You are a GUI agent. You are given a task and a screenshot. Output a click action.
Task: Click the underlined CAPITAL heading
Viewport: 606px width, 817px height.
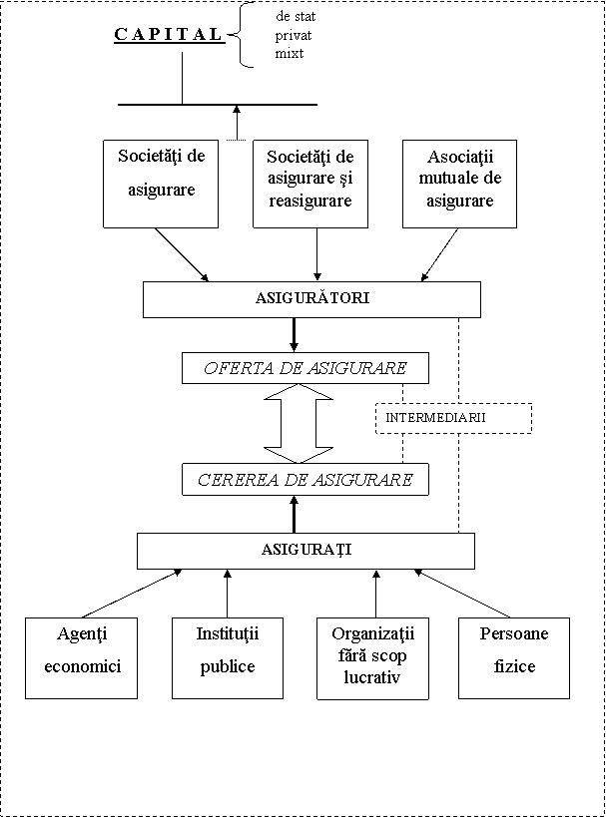coord(169,34)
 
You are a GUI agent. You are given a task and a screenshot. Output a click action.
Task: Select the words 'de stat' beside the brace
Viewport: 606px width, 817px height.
coord(296,17)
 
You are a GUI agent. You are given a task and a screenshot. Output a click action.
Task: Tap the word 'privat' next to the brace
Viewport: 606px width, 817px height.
coord(294,36)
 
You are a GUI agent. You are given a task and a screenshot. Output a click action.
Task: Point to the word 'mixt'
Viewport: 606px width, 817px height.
coord(290,54)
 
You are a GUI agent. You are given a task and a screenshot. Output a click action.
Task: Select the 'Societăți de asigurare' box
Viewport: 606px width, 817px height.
coord(161,184)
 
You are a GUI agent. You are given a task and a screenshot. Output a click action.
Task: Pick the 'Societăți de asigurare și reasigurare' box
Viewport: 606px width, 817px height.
coord(310,184)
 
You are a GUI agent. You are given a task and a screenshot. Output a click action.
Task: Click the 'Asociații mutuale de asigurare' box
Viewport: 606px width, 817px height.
coord(459,184)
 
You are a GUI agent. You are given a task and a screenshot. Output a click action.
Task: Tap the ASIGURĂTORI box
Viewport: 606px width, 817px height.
coord(311,299)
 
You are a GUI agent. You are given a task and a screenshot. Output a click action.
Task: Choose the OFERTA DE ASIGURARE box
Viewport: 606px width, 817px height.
coord(305,368)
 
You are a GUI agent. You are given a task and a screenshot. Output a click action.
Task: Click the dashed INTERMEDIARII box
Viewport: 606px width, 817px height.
coord(453,418)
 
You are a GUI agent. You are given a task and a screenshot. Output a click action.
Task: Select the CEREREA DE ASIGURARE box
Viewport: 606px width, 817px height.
coord(305,480)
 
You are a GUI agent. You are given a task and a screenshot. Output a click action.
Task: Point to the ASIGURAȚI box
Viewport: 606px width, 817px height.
coord(305,551)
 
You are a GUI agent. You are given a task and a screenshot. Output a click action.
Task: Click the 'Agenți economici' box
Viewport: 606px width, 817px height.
coord(81,658)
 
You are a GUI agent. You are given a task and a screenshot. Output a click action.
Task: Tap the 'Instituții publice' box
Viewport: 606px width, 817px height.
coord(228,658)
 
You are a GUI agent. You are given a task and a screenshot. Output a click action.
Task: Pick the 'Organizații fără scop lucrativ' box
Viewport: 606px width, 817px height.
coord(372,658)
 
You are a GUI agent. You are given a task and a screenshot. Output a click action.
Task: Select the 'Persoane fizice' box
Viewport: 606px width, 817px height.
coord(514,658)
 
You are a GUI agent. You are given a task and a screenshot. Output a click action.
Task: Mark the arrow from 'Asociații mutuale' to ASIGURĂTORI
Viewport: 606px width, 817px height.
coord(439,254)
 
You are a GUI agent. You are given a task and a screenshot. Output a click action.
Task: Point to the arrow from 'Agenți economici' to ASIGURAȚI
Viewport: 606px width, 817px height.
coord(132,594)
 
